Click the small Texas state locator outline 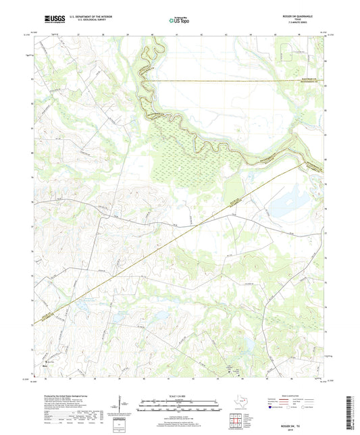[241, 404]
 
